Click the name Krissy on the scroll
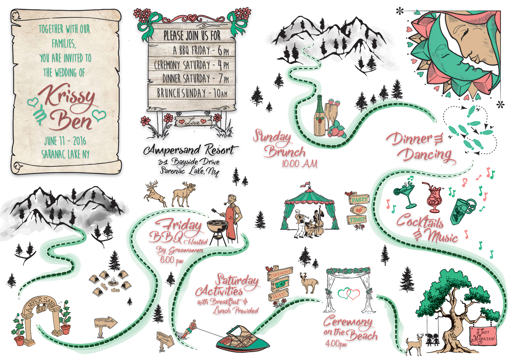tap(68, 97)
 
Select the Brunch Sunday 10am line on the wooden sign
tap(192, 93)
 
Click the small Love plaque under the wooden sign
tap(193, 122)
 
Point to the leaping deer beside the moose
tap(155, 193)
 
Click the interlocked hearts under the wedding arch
tap(349, 294)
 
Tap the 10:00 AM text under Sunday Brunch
tap(300, 164)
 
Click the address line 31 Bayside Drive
tap(189, 162)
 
